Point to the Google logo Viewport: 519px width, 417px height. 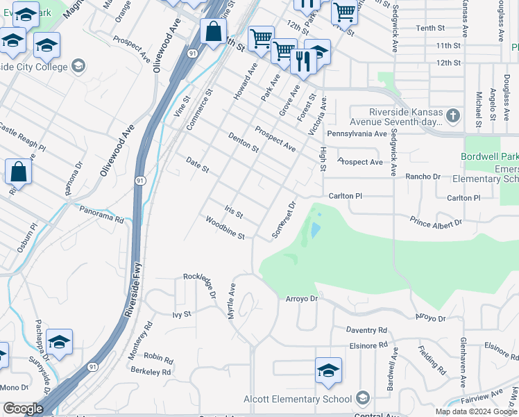pos(23,408)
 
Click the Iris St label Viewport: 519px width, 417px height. pos(233,211)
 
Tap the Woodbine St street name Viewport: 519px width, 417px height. pos(225,228)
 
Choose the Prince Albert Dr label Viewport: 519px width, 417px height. pos(436,222)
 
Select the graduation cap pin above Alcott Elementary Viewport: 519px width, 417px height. pos(328,370)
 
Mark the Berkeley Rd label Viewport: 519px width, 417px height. pos(151,372)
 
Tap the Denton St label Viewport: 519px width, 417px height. pos(243,142)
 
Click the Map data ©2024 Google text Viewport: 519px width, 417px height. pos(475,411)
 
